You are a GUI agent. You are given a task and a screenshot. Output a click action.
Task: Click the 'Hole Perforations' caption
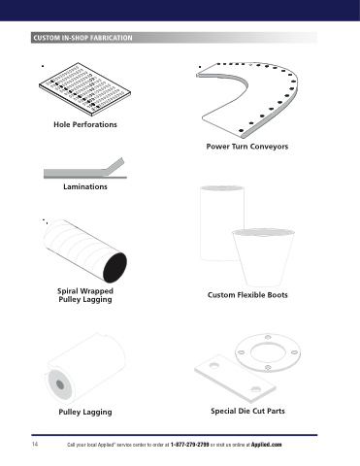pyautogui.click(x=85, y=124)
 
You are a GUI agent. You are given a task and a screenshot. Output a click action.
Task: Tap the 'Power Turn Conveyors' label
pyautogui.click(x=247, y=147)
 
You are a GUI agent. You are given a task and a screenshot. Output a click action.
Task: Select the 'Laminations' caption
pyautogui.click(x=85, y=186)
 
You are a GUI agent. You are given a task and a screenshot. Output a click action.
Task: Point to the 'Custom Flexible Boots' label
pyautogui.click(x=247, y=295)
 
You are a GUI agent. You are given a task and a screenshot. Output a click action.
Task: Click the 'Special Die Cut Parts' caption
pyautogui.click(x=247, y=411)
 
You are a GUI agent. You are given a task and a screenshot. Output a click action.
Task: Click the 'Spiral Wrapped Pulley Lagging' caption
pyautogui.click(x=85, y=295)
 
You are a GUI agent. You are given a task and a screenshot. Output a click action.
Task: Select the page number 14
pyautogui.click(x=35, y=444)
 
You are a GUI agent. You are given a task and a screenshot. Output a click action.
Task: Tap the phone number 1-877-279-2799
pyautogui.click(x=189, y=445)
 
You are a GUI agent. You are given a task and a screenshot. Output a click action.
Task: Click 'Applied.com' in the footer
pyautogui.click(x=267, y=445)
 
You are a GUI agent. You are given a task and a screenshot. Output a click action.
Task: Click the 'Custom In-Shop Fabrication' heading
pyautogui.click(x=82, y=38)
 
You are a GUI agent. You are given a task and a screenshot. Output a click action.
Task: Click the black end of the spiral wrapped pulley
pyautogui.click(x=115, y=268)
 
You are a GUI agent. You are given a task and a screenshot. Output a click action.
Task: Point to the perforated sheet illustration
pyautogui.click(x=84, y=89)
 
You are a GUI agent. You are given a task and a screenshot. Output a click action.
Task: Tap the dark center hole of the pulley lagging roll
pyautogui.click(x=60, y=384)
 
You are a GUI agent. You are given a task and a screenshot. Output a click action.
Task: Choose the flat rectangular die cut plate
pyautogui.click(x=235, y=378)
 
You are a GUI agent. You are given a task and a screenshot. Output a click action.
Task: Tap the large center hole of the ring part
pyautogui.click(x=268, y=352)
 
